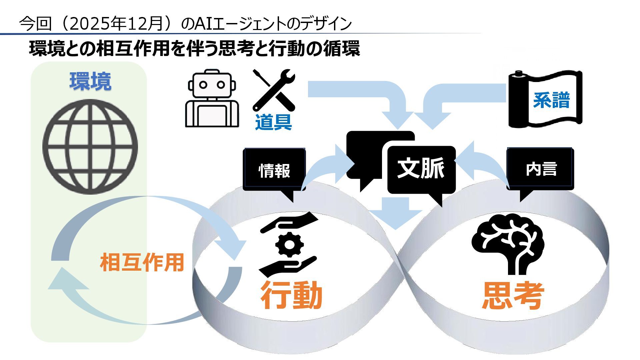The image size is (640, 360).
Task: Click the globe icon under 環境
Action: [x=90, y=147]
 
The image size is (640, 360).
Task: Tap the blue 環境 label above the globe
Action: [x=90, y=81]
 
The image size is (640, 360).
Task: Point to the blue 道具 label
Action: [x=273, y=122]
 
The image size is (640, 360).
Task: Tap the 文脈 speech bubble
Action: [x=421, y=169]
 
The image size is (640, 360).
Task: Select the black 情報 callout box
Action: [x=274, y=170]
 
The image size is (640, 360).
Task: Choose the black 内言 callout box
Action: [x=541, y=169]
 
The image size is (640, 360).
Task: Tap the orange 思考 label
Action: [x=513, y=295]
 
